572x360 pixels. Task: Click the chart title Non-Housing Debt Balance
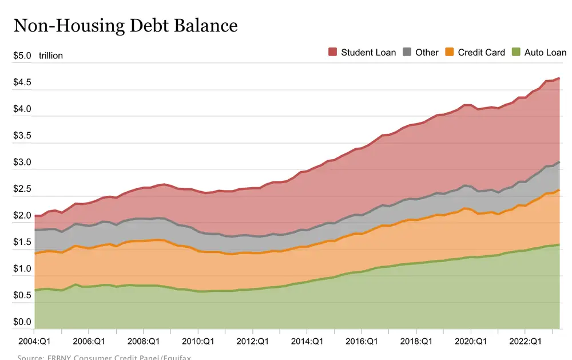click(x=125, y=26)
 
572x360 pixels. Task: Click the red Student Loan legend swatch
click(x=333, y=52)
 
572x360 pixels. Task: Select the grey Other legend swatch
click(x=407, y=52)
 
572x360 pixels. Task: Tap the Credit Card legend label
click(x=481, y=52)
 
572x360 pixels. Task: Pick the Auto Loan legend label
click(x=545, y=52)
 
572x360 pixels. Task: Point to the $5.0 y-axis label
click(x=22, y=56)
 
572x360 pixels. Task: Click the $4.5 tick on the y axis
click(x=22, y=82)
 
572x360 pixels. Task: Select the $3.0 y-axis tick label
click(x=22, y=163)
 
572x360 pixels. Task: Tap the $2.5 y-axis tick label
click(x=22, y=189)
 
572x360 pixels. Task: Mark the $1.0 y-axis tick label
click(x=22, y=269)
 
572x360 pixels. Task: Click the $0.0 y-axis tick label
click(x=22, y=322)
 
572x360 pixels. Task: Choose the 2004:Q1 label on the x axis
click(x=34, y=341)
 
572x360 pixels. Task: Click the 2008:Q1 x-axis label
click(x=143, y=341)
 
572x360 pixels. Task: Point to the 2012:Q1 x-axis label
click(x=252, y=341)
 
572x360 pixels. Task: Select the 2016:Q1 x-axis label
click(x=362, y=341)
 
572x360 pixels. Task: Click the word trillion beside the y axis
click(x=51, y=56)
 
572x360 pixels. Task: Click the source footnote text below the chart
click(x=104, y=357)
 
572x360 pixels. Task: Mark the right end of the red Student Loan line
click(x=559, y=78)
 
